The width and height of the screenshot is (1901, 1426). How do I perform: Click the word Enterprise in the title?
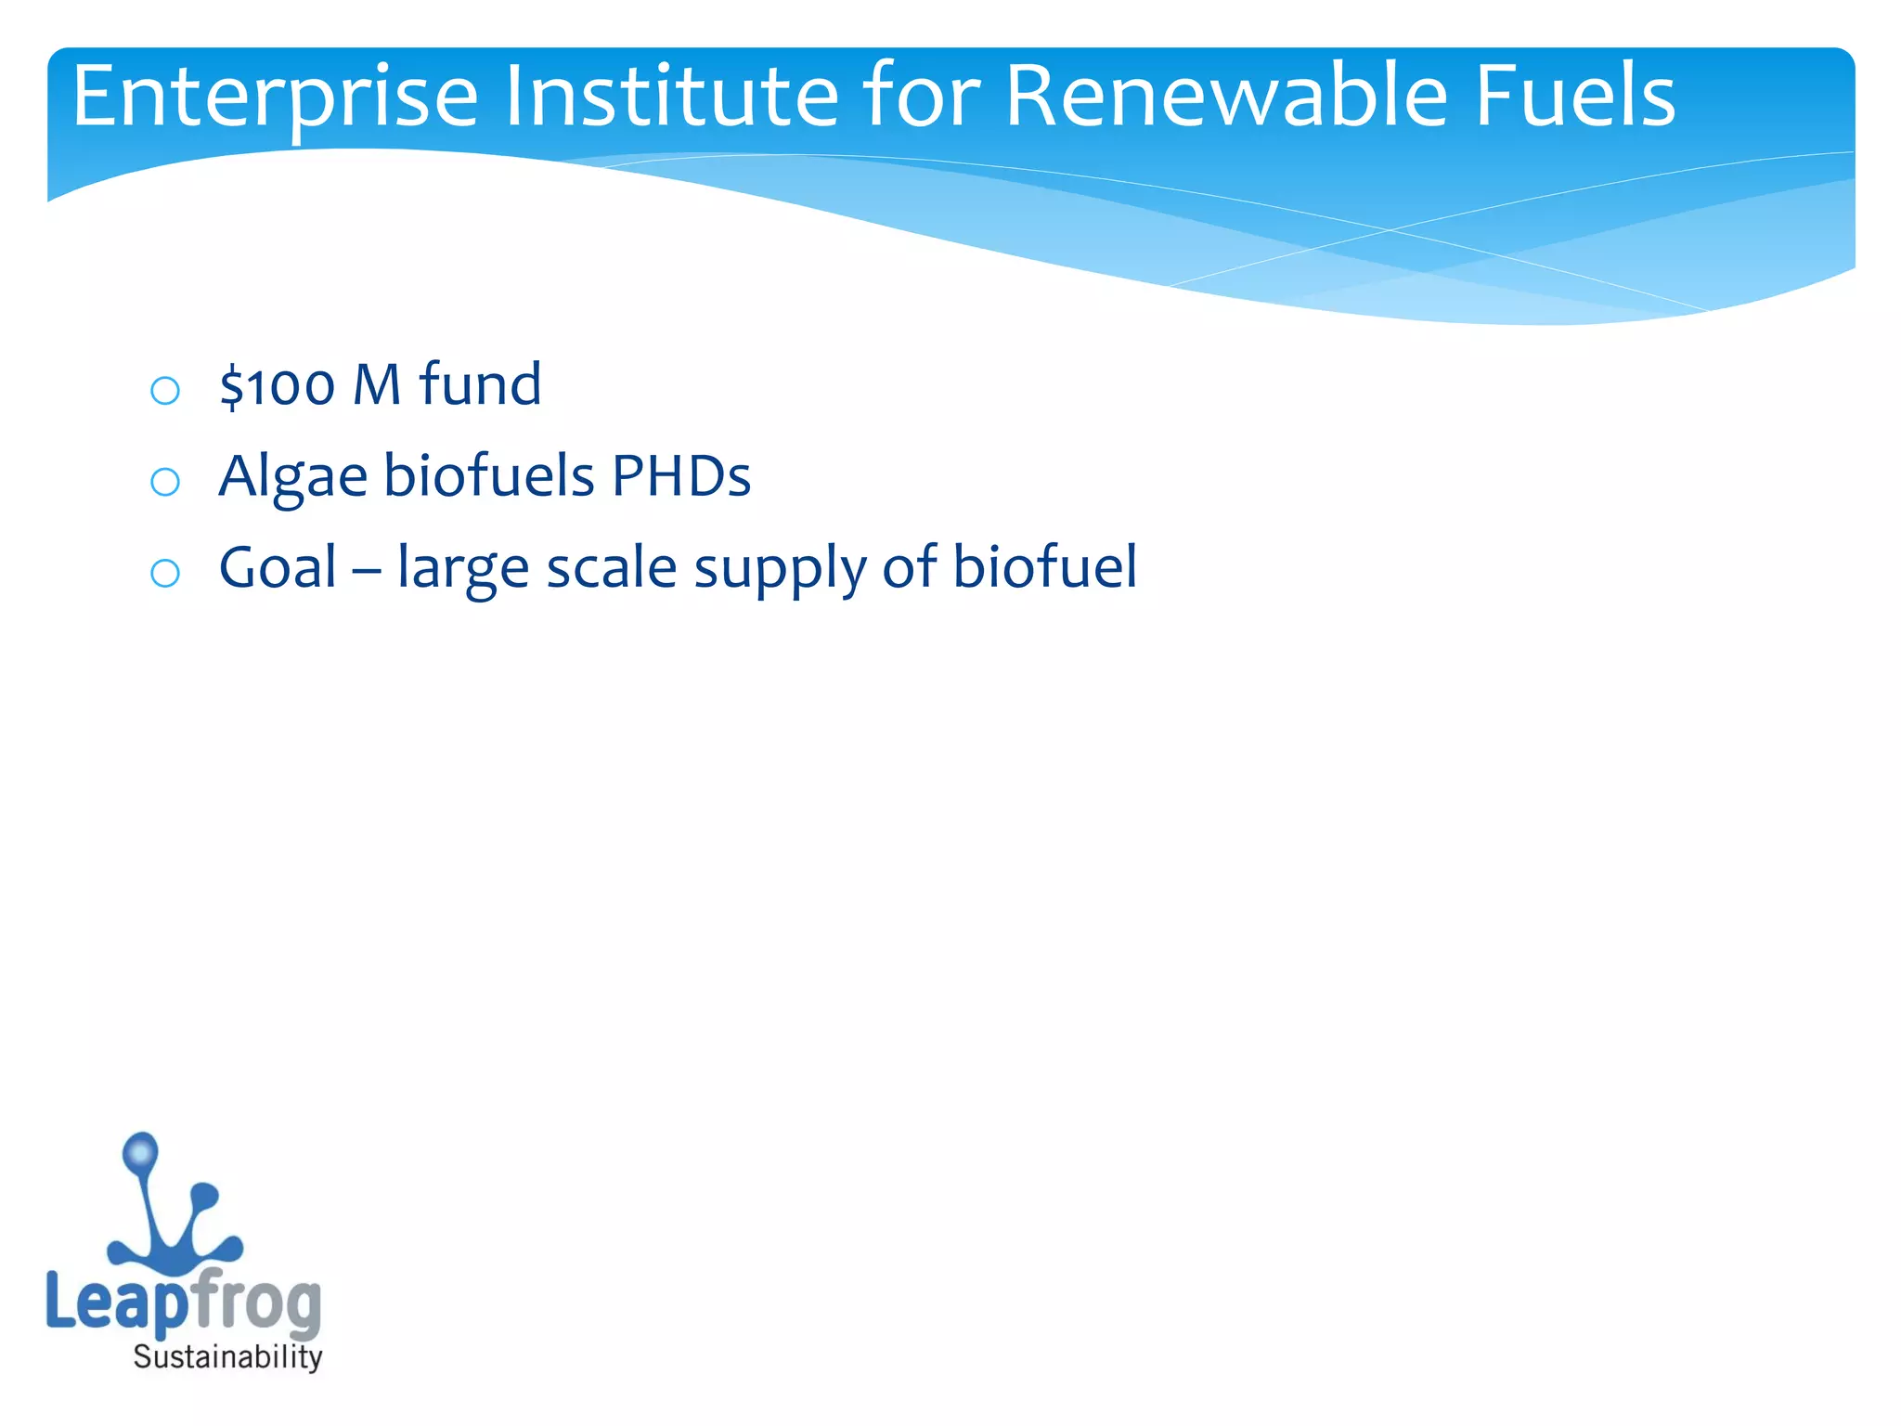click(x=275, y=97)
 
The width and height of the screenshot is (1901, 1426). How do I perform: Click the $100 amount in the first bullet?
click(x=277, y=385)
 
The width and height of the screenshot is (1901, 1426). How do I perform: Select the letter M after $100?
click(x=377, y=385)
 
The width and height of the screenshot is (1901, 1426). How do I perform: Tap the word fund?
click(x=480, y=385)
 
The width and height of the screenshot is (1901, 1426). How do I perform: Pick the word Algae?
click(x=293, y=477)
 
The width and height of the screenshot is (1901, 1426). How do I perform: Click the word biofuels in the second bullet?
click(x=489, y=476)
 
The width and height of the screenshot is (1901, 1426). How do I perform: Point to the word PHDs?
click(x=680, y=476)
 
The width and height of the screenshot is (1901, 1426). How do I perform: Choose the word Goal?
click(x=278, y=567)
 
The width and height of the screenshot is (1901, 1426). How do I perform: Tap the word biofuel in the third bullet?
click(x=1044, y=567)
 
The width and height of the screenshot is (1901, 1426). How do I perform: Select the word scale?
click(x=611, y=567)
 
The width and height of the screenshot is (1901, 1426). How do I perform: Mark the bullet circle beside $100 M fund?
click(x=165, y=390)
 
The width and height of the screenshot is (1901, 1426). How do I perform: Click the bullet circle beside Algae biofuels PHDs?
click(x=165, y=481)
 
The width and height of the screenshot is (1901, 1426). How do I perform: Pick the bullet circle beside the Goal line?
click(x=165, y=573)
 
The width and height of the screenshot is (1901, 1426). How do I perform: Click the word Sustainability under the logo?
click(x=227, y=1357)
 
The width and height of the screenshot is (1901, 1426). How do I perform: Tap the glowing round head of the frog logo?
click(x=141, y=1152)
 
